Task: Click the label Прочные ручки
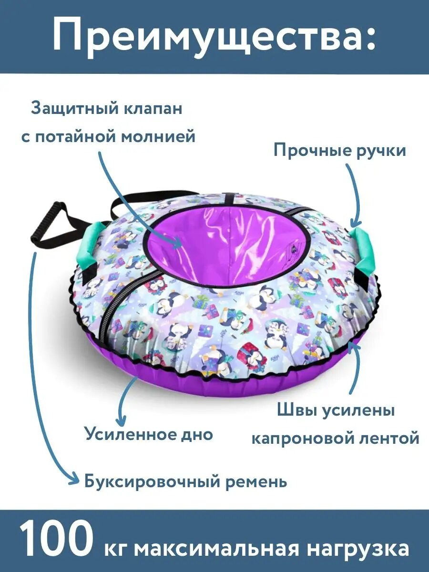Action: tap(339, 151)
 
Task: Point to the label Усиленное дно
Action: tap(149, 434)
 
